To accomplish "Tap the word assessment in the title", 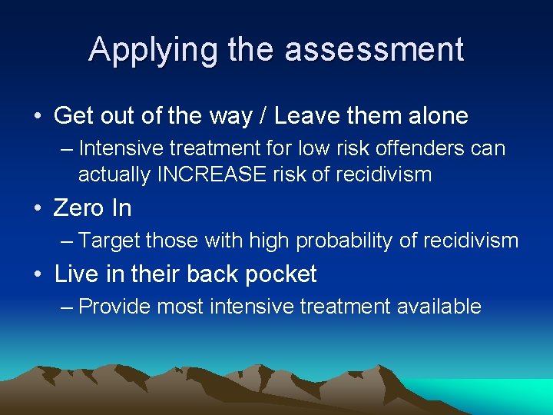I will (x=374, y=51).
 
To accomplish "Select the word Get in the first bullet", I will (x=71, y=116).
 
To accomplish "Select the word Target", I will (x=110, y=241).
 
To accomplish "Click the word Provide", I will (x=115, y=307).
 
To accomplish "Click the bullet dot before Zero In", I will (x=37, y=208).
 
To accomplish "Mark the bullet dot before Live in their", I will (x=37, y=274).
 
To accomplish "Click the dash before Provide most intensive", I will (x=67, y=307).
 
